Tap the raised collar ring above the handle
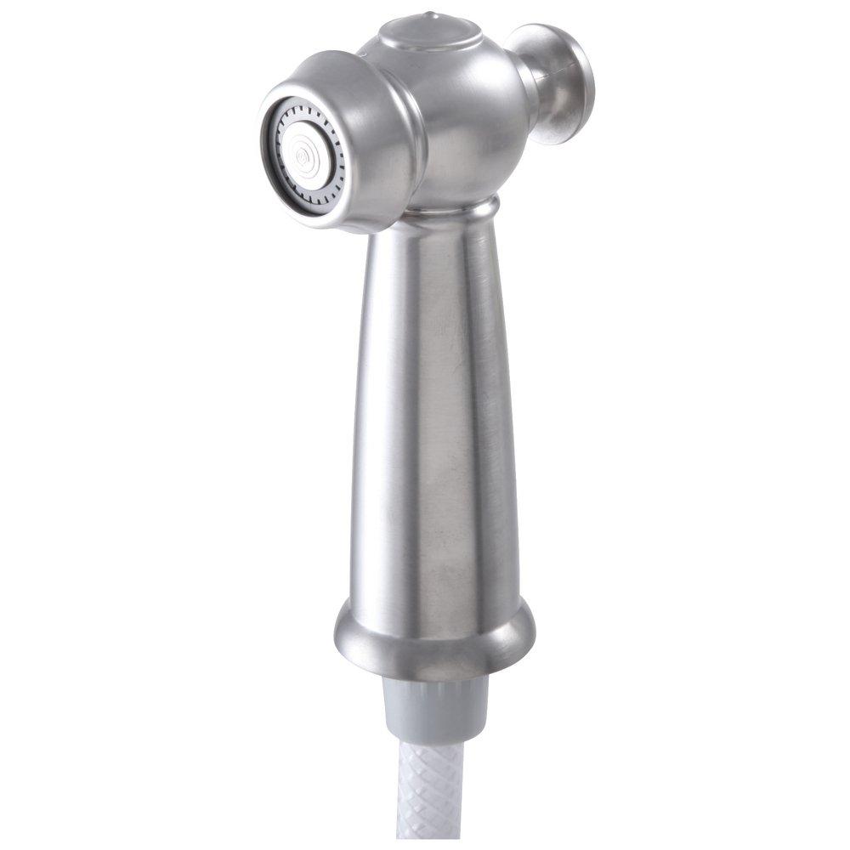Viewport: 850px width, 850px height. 459,209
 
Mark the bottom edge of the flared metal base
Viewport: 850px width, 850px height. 433,676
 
